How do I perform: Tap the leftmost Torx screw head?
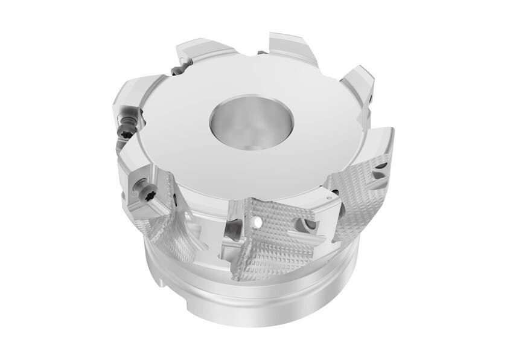click(x=126, y=129)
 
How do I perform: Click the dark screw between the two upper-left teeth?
click(x=176, y=71)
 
